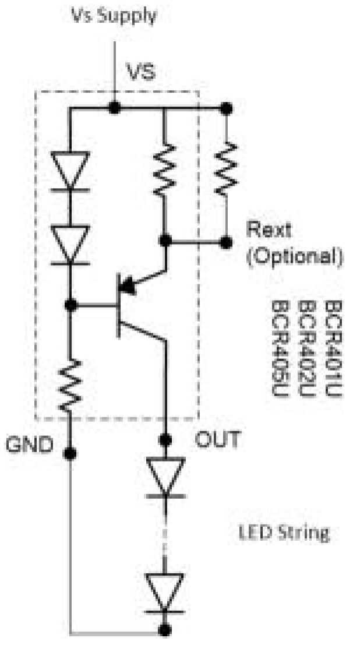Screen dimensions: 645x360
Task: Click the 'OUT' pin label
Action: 217,439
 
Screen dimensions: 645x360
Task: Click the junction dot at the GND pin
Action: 71,453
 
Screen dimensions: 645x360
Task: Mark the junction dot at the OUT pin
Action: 165,439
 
